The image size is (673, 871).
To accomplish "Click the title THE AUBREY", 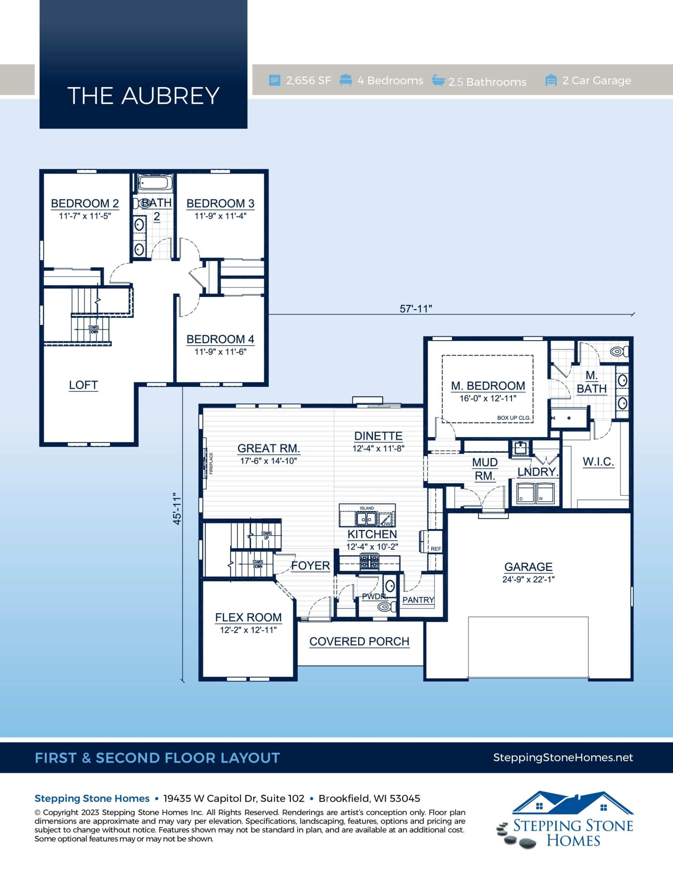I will point(143,96).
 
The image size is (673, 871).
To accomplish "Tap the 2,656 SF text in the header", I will point(308,80).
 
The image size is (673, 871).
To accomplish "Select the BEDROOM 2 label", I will point(85,203).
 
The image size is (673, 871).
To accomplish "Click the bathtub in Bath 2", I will point(155,183).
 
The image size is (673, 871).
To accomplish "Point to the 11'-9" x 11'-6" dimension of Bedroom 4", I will point(220,352).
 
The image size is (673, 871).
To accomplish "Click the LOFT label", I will point(83,385).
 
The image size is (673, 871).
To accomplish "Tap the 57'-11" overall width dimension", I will point(415,309).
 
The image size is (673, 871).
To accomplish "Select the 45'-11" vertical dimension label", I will point(177,509).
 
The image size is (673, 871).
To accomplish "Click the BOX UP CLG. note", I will point(514,418).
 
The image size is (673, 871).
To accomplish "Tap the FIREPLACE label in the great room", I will point(211,463).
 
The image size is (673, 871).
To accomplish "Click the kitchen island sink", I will point(366,519).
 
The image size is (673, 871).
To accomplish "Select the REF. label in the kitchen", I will point(436,549).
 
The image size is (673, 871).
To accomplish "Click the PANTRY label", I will point(418,600).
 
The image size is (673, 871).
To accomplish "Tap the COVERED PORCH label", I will point(359,641).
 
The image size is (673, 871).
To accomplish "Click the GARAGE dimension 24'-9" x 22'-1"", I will point(528,579).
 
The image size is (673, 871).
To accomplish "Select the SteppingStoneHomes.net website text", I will point(563,757).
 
